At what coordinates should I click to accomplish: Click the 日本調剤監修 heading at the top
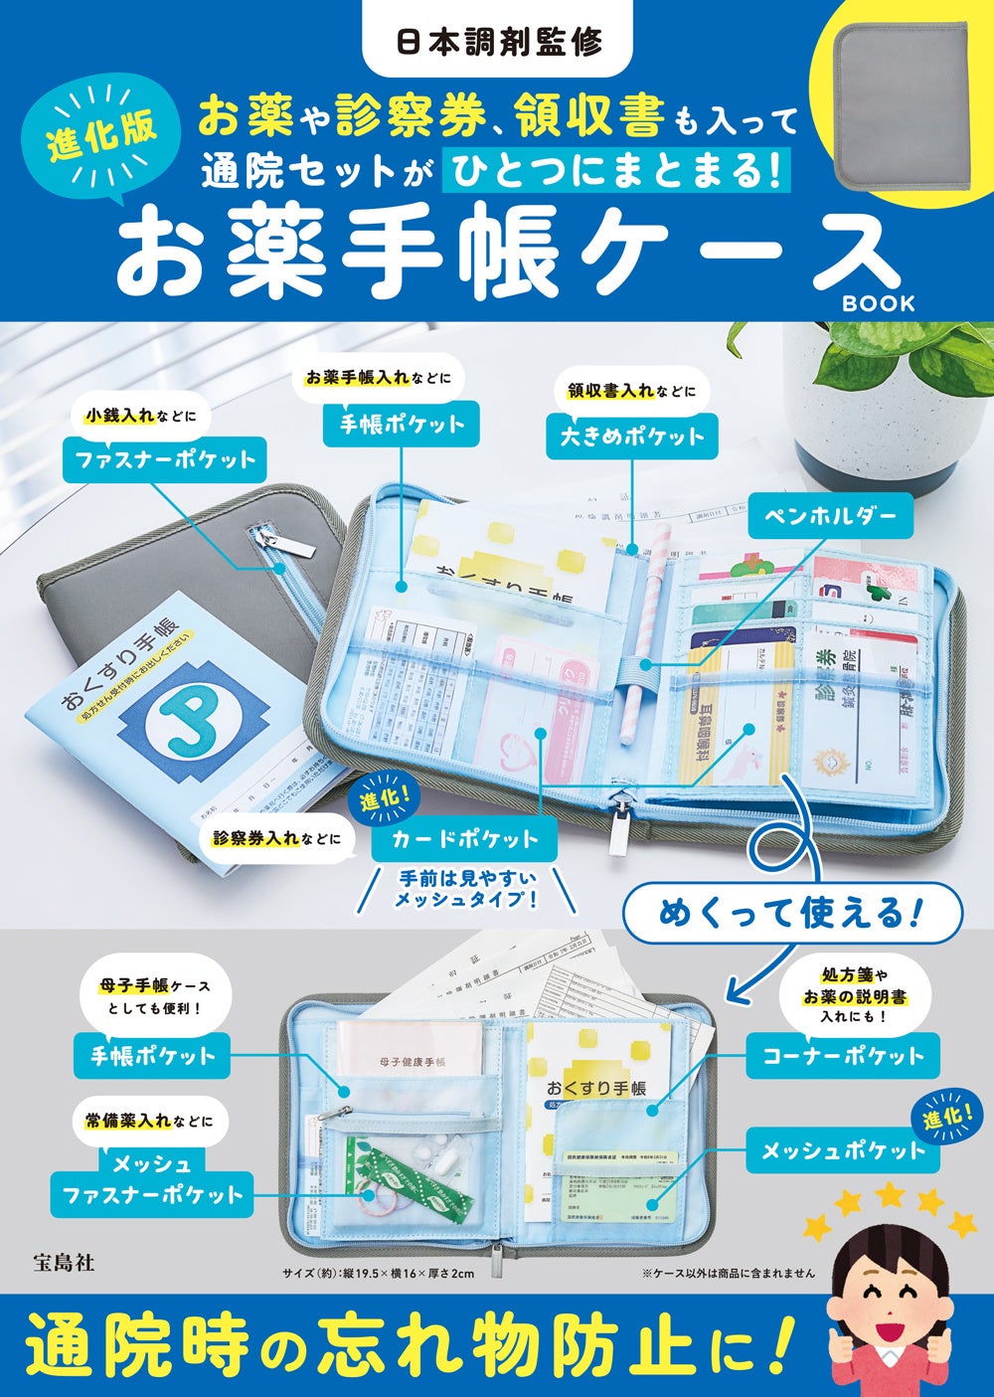tap(499, 43)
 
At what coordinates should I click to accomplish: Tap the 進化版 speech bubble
tap(102, 135)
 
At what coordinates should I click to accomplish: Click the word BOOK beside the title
tap(878, 303)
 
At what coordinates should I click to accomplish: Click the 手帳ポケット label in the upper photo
tap(402, 424)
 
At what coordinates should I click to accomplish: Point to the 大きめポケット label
tap(631, 436)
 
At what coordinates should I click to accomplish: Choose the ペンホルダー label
tap(830, 515)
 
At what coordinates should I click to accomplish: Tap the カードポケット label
tap(463, 838)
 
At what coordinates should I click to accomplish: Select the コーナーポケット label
tap(843, 1056)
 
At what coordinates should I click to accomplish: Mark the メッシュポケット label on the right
tap(843, 1150)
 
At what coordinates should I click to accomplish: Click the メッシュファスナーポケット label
tap(152, 1179)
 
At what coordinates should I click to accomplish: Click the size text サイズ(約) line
tap(378, 1273)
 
